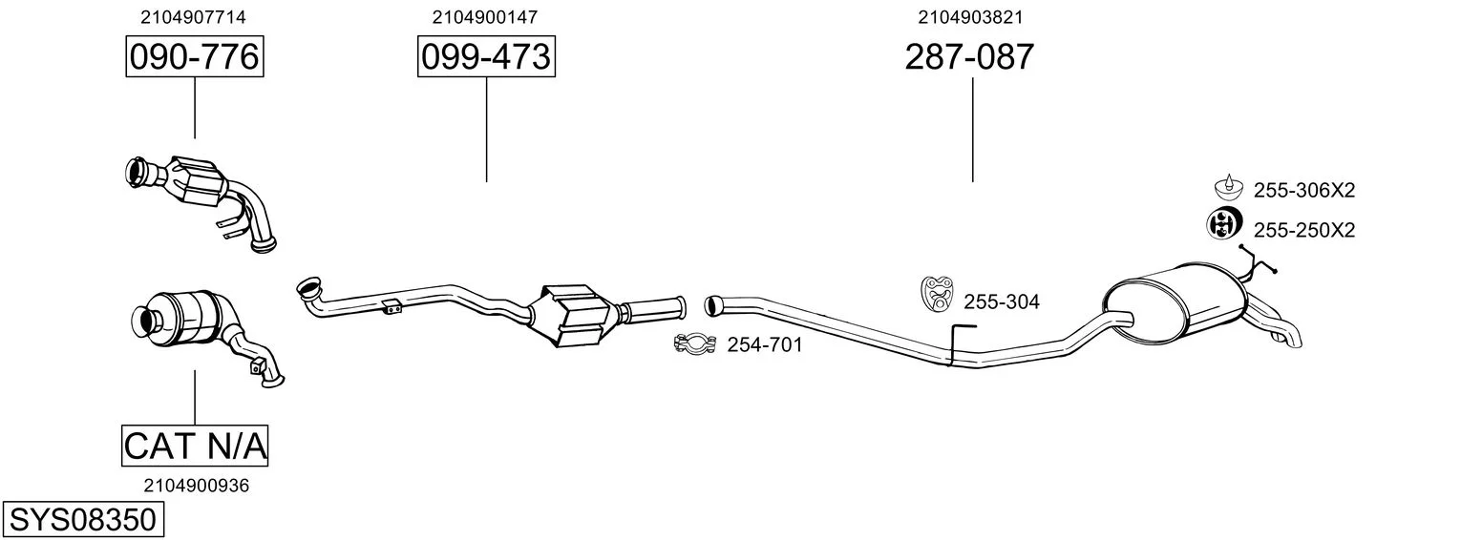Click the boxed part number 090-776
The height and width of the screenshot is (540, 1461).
coord(195,56)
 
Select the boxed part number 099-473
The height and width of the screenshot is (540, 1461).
coord(486,56)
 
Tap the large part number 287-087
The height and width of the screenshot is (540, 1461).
coord(969,56)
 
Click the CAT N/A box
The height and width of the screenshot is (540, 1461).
coord(195,446)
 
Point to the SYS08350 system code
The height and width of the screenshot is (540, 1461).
coord(83,520)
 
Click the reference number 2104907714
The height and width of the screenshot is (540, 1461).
coord(193,17)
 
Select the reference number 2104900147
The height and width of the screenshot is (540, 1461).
coord(484,17)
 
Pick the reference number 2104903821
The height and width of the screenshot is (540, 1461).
coord(970,17)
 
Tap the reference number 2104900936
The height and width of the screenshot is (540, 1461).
coord(197,486)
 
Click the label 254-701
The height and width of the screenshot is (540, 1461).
coord(765,344)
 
